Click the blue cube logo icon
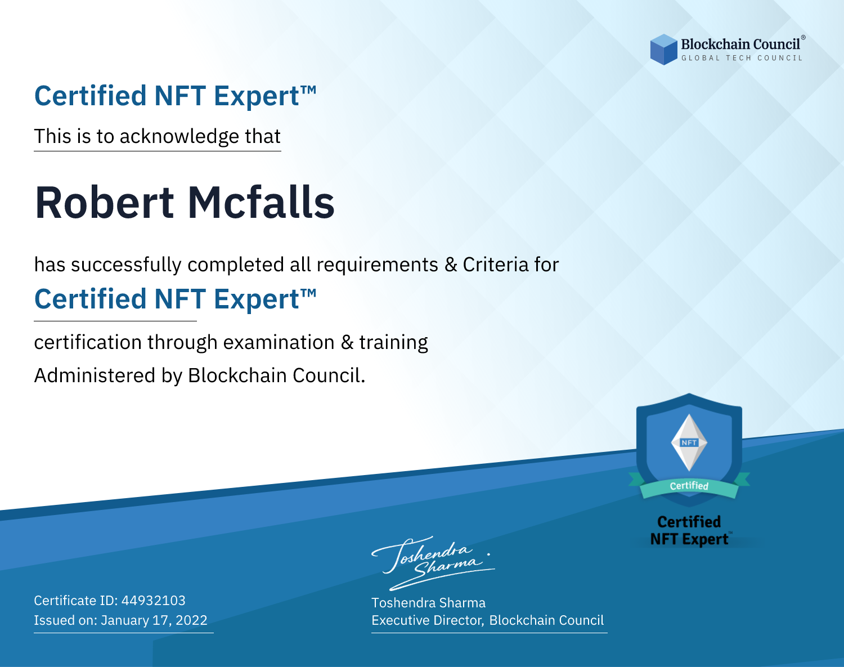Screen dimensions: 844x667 tap(663, 50)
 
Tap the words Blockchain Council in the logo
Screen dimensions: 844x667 tap(740, 44)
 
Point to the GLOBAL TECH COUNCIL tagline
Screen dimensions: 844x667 tap(742, 58)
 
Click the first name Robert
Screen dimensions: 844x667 tap(104, 203)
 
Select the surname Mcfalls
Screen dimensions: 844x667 tap(261, 203)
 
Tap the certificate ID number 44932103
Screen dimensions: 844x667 tap(154, 600)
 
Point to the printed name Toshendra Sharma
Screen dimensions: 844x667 tap(428, 603)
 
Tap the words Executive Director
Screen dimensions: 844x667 tap(427, 620)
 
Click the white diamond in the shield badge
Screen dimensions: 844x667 tap(689, 442)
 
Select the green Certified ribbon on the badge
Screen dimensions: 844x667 tap(689, 486)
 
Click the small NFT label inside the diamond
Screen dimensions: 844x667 tap(689, 442)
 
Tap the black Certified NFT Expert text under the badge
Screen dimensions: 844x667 tap(689, 530)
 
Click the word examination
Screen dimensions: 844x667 tap(279, 342)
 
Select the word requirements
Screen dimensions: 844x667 tap(378, 265)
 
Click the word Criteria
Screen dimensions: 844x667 tap(496, 265)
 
